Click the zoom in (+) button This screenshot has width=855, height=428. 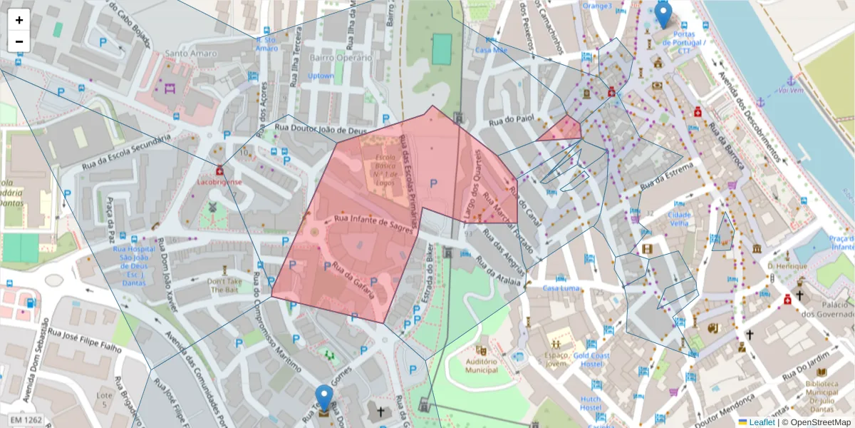[x=19, y=20]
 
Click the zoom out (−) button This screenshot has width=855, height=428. [x=19, y=41]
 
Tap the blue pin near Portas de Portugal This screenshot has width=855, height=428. [x=663, y=15]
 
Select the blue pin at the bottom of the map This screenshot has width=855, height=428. [x=324, y=398]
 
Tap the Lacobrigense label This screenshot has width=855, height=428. [x=219, y=182]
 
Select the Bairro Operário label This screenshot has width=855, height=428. [x=341, y=58]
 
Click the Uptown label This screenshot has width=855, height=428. [x=321, y=76]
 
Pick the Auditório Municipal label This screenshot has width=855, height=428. [x=481, y=366]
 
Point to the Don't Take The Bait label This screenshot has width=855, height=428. [x=226, y=285]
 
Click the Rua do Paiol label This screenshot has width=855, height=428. [x=510, y=119]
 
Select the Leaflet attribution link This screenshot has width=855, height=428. [x=761, y=422]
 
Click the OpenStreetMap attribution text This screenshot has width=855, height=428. [x=819, y=422]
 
